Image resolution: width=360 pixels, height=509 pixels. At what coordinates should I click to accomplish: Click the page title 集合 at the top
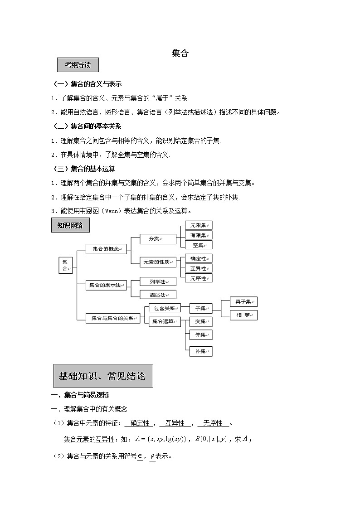(x=180, y=53)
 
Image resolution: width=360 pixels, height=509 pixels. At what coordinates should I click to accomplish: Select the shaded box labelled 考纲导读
(x=78, y=65)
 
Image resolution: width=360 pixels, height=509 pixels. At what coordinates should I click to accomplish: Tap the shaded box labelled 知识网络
(x=70, y=225)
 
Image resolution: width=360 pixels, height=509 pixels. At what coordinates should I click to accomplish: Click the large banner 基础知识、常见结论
(x=103, y=376)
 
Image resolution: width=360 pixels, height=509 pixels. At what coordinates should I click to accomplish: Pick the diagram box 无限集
(x=198, y=225)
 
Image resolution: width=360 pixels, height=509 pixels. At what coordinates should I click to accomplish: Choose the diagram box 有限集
(x=198, y=235)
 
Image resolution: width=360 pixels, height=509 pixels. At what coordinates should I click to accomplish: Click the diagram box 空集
(x=198, y=245)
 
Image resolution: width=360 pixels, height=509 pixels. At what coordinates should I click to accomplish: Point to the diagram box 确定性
(x=198, y=258)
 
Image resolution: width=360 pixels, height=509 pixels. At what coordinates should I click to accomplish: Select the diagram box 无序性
(x=198, y=278)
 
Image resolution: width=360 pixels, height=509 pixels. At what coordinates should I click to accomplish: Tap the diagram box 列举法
(x=157, y=282)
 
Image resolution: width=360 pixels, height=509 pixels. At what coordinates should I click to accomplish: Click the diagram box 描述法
(x=157, y=295)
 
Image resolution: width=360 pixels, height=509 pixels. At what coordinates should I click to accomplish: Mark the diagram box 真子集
(x=238, y=302)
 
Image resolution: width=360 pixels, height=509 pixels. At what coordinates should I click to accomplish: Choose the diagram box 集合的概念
(x=106, y=249)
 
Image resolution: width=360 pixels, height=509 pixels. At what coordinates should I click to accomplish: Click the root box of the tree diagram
(x=65, y=265)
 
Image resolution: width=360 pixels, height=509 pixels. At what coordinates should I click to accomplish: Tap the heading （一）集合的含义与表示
(x=88, y=84)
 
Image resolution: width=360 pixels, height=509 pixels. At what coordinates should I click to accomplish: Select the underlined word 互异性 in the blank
(x=175, y=423)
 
